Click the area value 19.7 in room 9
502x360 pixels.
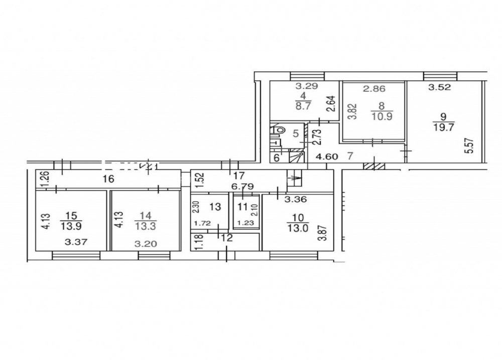coord(443,128)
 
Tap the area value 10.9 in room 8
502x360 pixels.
coord(382,116)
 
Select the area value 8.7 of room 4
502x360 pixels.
coord(303,106)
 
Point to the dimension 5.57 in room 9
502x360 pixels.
coord(470,146)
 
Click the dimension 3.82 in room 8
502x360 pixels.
coord(352,111)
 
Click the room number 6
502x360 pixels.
coord(276,157)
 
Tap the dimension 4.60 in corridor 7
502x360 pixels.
coord(326,157)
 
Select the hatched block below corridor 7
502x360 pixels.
coord(374,166)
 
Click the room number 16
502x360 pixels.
coord(108,179)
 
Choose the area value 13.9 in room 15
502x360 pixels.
coord(72,226)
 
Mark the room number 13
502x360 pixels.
coord(215,206)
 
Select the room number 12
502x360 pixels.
coord(227,238)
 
